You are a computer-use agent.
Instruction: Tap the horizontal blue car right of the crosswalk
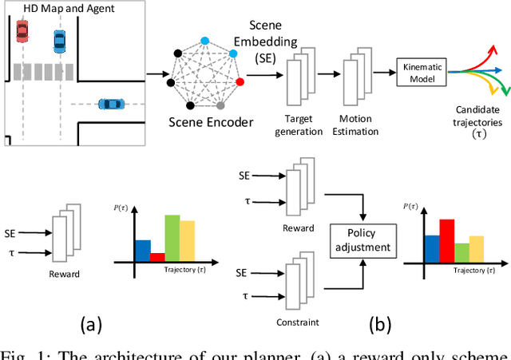pos(110,104)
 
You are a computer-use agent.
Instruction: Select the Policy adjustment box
pos(362,239)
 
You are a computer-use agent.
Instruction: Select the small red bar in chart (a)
pos(157,257)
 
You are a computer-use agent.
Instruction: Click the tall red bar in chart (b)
pos(446,240)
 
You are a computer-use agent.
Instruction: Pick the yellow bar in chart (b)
pos(477,248)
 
